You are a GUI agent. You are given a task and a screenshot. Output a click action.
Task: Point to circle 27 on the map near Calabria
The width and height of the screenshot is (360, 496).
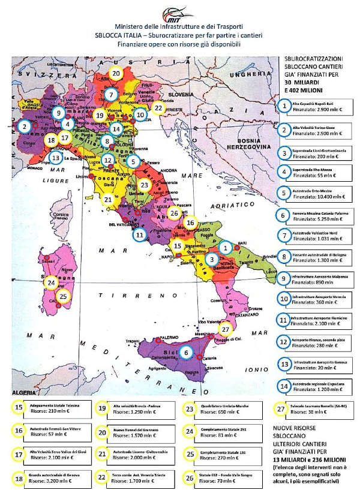(x=225, y=329)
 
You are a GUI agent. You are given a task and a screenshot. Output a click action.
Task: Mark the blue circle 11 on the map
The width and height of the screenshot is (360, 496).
(x=140, y=235)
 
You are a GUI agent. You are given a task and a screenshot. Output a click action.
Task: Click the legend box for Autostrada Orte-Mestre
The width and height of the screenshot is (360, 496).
(x=317, y=193)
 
